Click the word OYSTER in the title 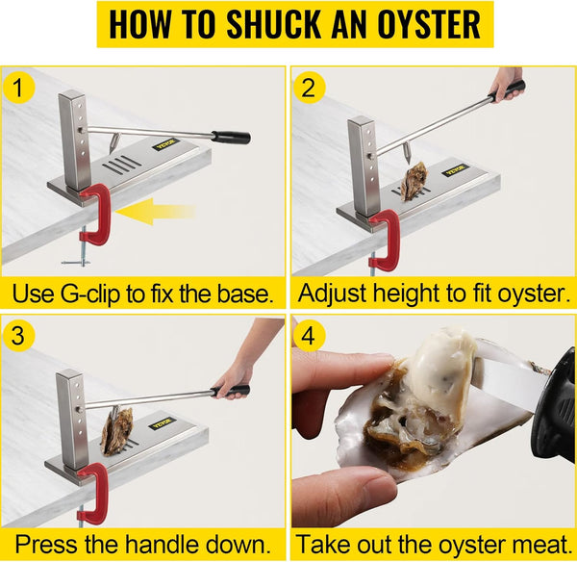[429, 24]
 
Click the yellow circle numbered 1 [18, 88]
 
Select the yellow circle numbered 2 [309, 88]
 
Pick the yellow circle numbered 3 [18, 336]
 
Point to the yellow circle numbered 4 [309, 336]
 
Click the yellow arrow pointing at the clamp [155, 212]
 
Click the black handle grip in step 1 [231, 137]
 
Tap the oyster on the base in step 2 [414, 181]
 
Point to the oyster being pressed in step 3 [117, 431]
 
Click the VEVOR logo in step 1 [166, 143]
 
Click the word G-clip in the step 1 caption [90, 294]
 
